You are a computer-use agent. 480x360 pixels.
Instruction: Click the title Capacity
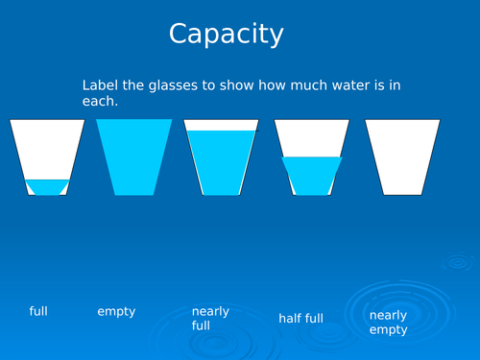[x=227, y=34]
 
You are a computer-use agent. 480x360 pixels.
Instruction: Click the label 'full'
[x=38, y=311]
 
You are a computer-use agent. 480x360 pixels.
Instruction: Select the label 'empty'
[x=116, y=311]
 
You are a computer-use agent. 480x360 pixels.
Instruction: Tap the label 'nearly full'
[x=210, y=319]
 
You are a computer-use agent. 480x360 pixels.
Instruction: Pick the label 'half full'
[x=300, y=318]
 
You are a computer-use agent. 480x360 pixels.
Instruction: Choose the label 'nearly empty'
[x=389, y=322]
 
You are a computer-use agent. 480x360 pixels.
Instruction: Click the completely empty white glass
[x=402, y=156]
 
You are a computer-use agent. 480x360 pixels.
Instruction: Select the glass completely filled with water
[x=134, y=156]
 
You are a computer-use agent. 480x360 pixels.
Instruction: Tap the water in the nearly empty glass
[x=46, y=186]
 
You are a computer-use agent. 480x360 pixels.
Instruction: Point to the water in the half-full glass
[x=311, y=175]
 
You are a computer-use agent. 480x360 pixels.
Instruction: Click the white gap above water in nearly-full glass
[x=222, y=125]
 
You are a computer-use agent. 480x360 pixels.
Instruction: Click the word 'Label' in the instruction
[x=100, y=85]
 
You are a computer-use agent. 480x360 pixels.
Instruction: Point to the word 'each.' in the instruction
[x=100, y=101]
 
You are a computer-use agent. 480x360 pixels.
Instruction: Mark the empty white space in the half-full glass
[x=311, y=137]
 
